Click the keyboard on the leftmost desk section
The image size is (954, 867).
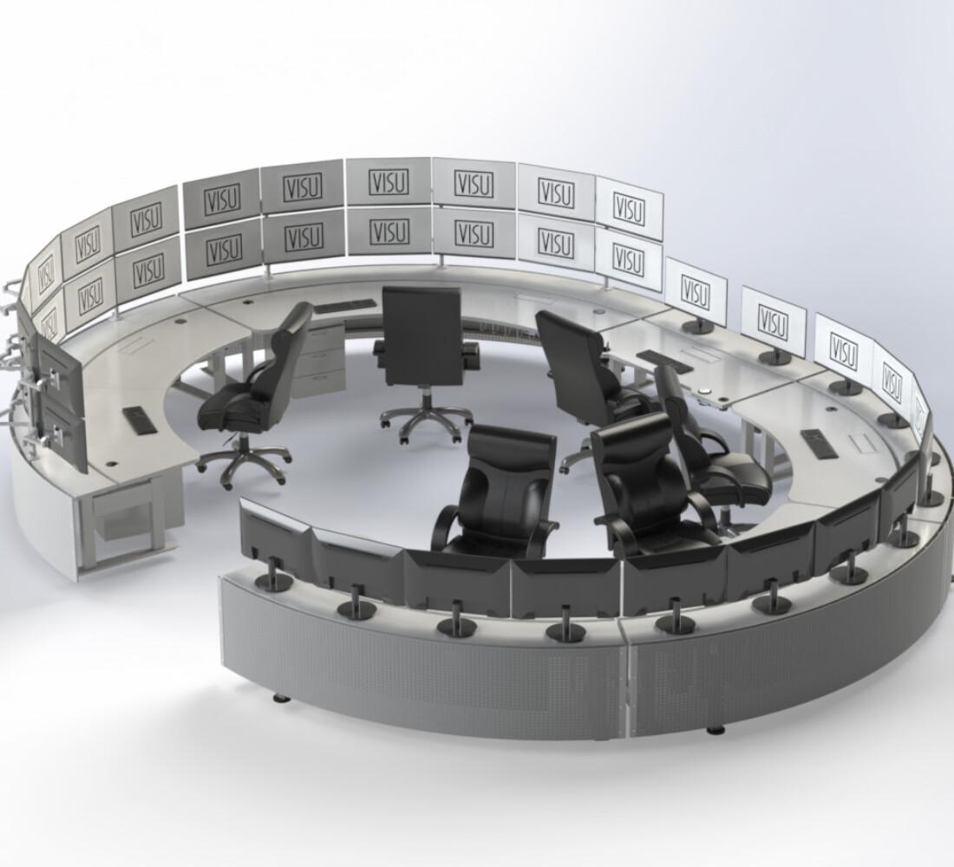point(138,420)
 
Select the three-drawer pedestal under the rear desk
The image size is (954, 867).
point(317,360)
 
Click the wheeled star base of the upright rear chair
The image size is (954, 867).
point(426,420)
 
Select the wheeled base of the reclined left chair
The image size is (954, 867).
point(243,462)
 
